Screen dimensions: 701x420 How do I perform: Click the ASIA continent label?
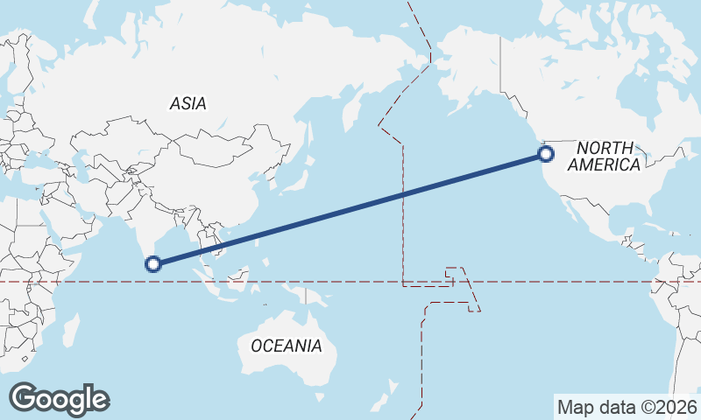pyautogui.click(x=188, y=103)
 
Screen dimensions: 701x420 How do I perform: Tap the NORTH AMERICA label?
pyautogui.click(x=605, y=157)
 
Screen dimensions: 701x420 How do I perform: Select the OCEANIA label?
pyautogui.click(x=286, y=346)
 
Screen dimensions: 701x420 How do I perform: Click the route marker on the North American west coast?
pyautogui.click(x=546, y=154)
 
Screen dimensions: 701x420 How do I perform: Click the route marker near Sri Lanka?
pyautogui.click(x=153, y=263)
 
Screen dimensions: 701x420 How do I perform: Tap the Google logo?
pyautogui.click(x=60, y=399)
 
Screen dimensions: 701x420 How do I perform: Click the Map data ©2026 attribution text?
pyautogui.click(x=627, y=407)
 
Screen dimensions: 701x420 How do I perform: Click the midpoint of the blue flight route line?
pyautogui.click(x=350, y=209)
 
